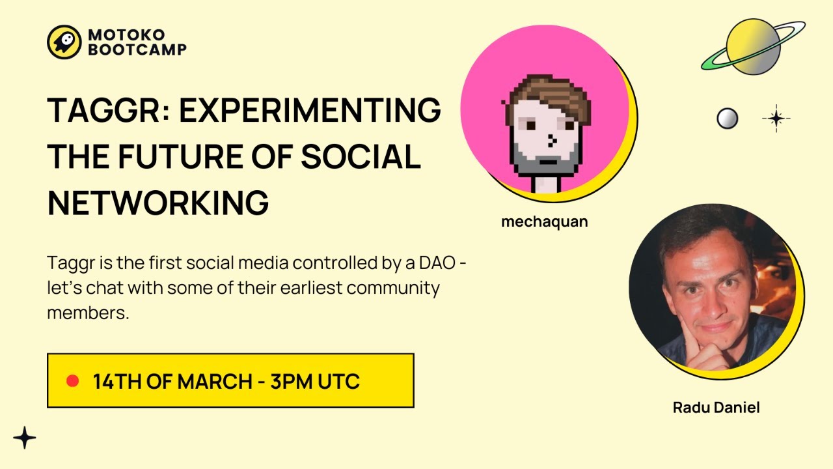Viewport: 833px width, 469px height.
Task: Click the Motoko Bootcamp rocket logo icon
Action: (x=64, y=42)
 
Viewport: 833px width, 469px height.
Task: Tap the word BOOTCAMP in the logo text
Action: (x=137, y=50)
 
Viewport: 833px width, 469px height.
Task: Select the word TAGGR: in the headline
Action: (x=107, y=110)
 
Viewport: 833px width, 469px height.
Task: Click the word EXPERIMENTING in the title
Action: (x=310, y=110)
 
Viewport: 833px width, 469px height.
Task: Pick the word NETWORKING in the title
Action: (x=158, y=203)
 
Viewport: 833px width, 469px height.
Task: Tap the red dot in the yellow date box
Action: (x=73, y=380)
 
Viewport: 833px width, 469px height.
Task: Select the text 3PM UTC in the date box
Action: (x=315, y=381)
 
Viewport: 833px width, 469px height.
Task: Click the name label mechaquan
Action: (x=544, y=221)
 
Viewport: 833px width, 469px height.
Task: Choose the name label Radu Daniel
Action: (x=716, y=408)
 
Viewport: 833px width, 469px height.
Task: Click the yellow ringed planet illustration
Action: (x=753, y=47)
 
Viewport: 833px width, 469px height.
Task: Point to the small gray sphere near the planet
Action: (x=727, y=119)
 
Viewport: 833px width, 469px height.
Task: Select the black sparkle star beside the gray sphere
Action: (x=776, y=119)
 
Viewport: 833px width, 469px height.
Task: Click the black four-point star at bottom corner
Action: (x=25, y=438)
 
